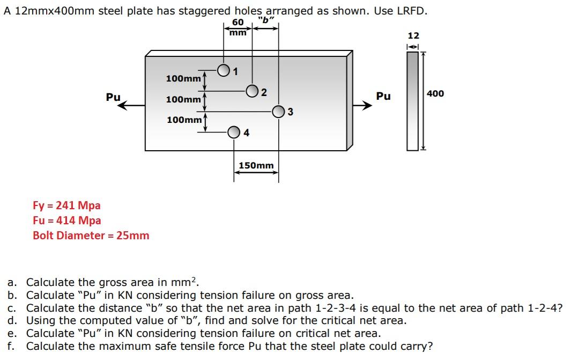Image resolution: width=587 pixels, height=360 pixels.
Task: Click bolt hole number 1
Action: [224, 70]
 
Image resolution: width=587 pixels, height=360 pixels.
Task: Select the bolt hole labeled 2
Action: [252, 91]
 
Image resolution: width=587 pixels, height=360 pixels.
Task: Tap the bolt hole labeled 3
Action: [279, 112]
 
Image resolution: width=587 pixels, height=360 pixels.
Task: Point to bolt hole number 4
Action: [234, 132]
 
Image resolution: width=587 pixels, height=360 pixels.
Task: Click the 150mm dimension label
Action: [256, 165]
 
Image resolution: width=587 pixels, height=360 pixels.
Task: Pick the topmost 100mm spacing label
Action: [183, 78]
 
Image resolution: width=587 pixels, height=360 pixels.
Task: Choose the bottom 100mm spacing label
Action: [184, 119]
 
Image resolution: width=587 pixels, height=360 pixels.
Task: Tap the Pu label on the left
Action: [113, 97]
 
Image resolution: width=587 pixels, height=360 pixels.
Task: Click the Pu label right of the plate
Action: [383, 96]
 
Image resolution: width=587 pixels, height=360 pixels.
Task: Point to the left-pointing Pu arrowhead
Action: [123, 106]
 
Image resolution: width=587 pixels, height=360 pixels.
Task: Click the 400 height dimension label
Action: [435, 93]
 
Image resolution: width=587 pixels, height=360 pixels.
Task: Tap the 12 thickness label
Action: [413, 35]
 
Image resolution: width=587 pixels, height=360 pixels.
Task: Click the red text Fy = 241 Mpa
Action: [66, 205]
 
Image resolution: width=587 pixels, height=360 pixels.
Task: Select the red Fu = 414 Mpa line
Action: [66, 221]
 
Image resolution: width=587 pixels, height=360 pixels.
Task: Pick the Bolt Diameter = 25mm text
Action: [91, 236]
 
